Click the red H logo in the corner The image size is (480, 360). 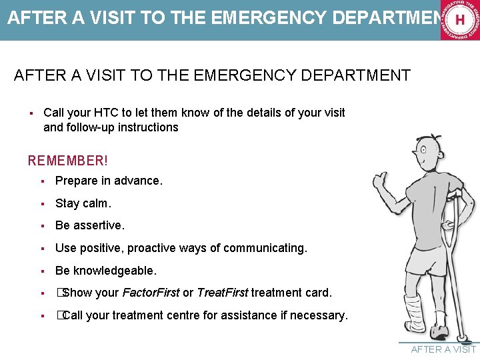click(x=459, y=20)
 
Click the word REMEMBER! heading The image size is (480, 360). click(x=67, y=161)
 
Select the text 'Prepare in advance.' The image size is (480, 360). click(x=109, y=181)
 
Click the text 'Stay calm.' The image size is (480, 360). click(x=83, y=203)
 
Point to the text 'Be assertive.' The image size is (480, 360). click(x=89, y=225)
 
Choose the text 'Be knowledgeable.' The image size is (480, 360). click(x=105, y=271)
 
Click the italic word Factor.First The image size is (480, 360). click(x=151, y=293)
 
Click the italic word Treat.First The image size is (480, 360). click(x=223, y=293)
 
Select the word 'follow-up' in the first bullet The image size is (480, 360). click(x=91, y=127)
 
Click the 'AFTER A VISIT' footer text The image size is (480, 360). click(x=443, y=349)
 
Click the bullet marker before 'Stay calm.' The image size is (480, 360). click(x=41, y=203)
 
